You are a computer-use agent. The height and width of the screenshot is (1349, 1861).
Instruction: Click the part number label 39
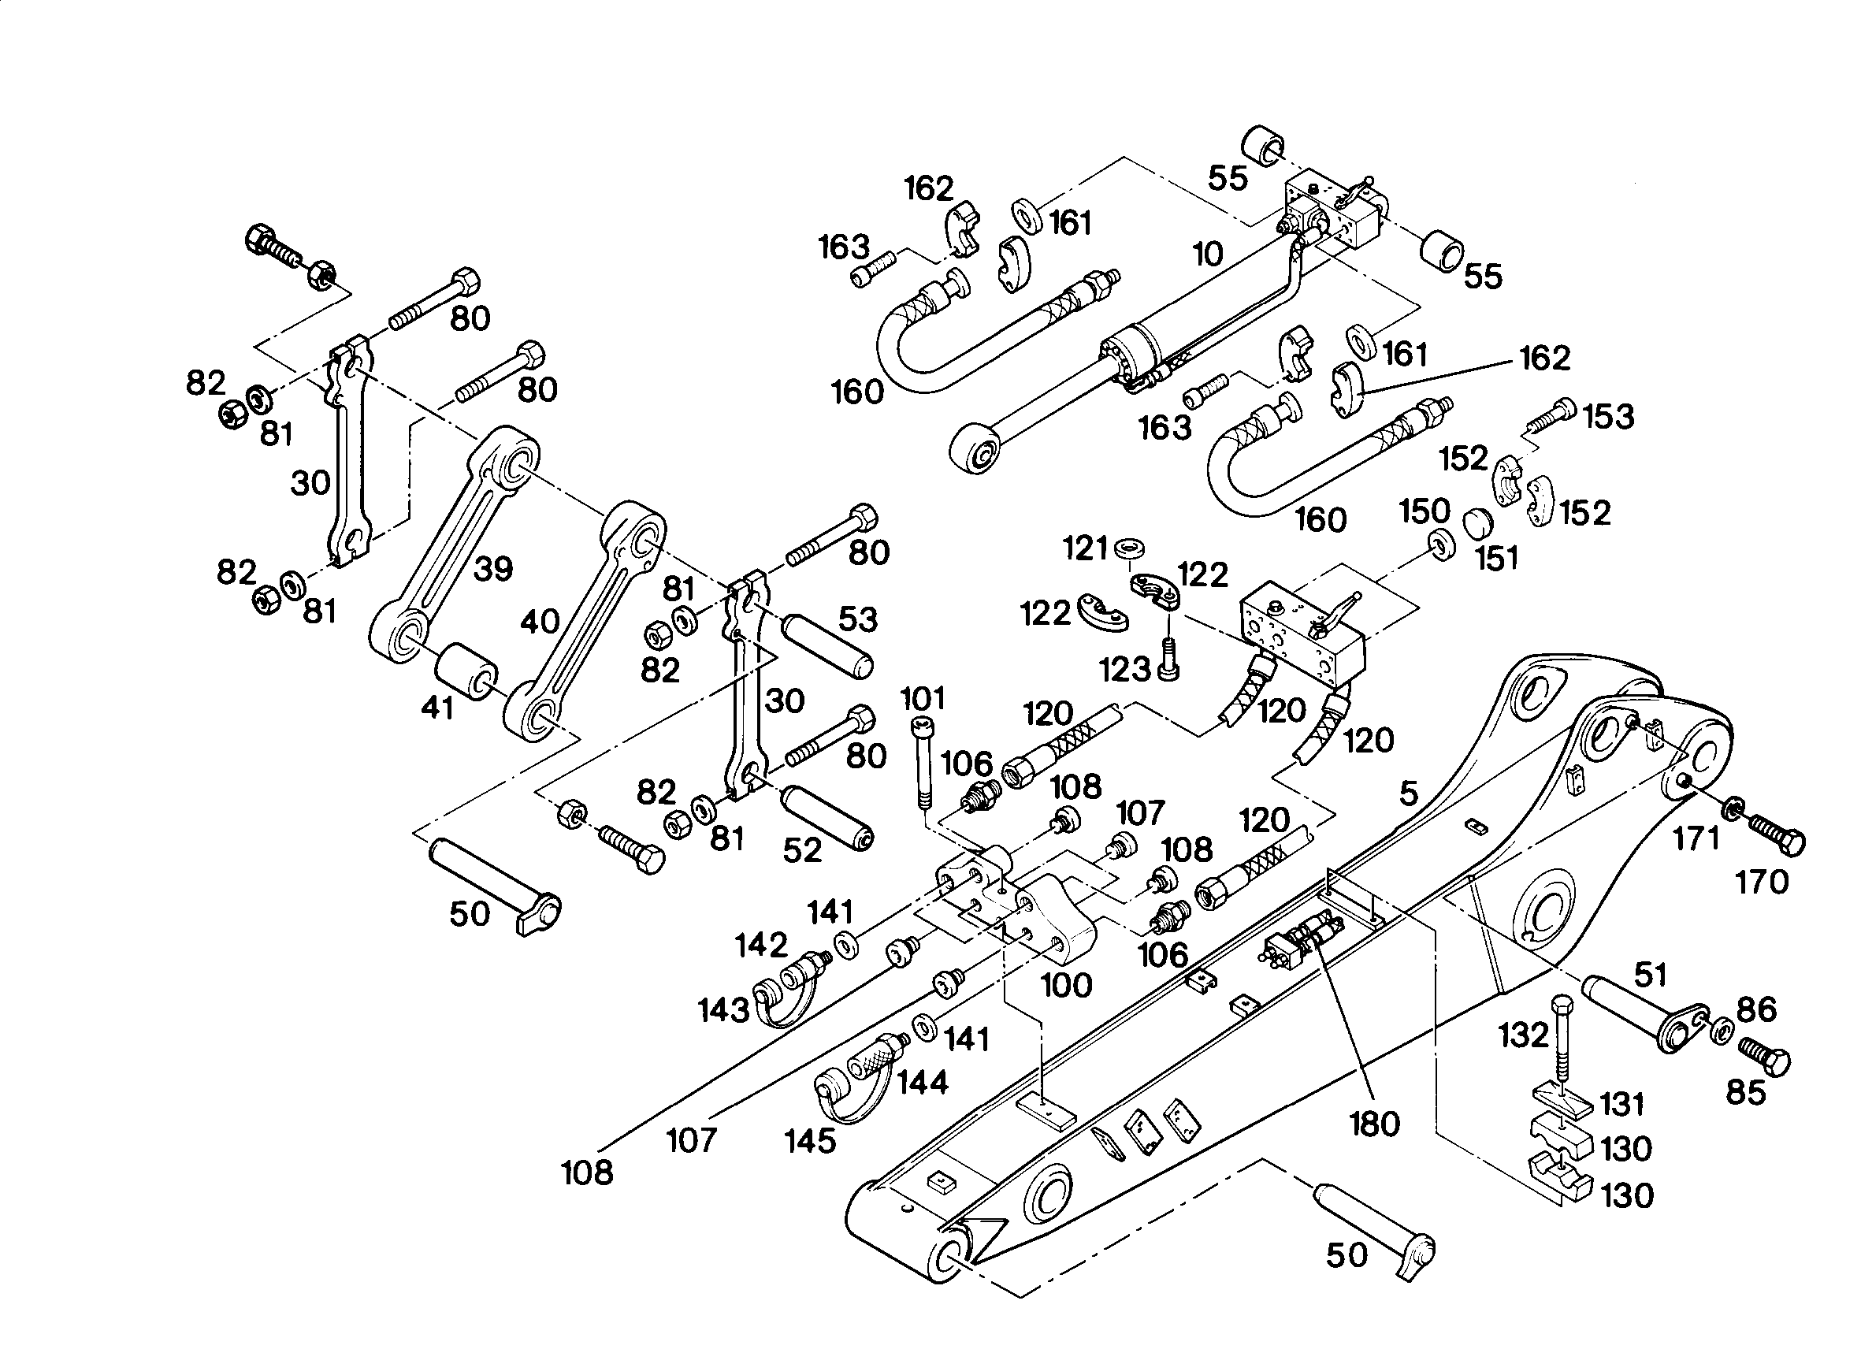pyautogui.click(x=493, y=569)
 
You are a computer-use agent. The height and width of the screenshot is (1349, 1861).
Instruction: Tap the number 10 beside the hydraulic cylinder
pyautogui.click(x=1208, y=255)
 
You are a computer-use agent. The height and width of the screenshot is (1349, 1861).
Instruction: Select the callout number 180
pyautogui.click(x=1374, y=1124)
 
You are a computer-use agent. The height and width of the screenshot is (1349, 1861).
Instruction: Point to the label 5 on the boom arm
pyautogui.click(x=1408, y=793)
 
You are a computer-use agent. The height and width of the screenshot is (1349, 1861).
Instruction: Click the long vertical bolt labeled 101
pyautogui.click(x=921, y=762)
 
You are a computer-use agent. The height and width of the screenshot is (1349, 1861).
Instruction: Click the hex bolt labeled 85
pyautogui.click(x=1764, y=1055)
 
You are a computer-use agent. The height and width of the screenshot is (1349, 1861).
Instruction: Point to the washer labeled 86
pyautogui.click(x=1722, y=1030)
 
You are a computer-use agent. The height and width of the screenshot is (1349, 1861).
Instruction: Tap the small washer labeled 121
pyautogui.click(x=1131, y=546)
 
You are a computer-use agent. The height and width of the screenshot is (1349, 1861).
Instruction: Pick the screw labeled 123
pyautogui.click(x=1168, y=658)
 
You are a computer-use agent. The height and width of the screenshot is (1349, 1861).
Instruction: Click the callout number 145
pyautogui.click(x=811, y=1140)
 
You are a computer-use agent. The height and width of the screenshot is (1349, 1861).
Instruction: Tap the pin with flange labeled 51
pyautogui.click(x=1644, y=1013)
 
